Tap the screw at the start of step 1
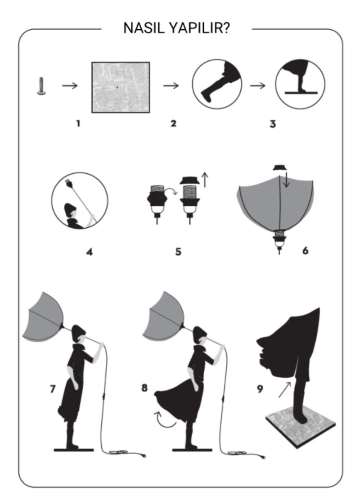click(x=41, y=86)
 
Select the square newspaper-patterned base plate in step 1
click(x=121, y=87)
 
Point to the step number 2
click(x=173, y=123)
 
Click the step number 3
click(x=273, y=124)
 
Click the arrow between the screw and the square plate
click(x=70, y=86)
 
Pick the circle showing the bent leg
click(x=217, y=84)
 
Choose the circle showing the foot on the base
click(x=300, y=84)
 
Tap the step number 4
click(x=90, y=252)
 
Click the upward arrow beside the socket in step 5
click(x=205, y=180)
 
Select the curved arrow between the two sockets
click(x=171, y=191)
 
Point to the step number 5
click(x=178, y=252)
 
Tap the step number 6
click(x=305, y=250)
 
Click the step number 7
click(x=53, y=389)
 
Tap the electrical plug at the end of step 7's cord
click(x=144, y=455)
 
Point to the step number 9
click(x=260, y=389)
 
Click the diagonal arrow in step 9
click(x=285, y=389)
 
